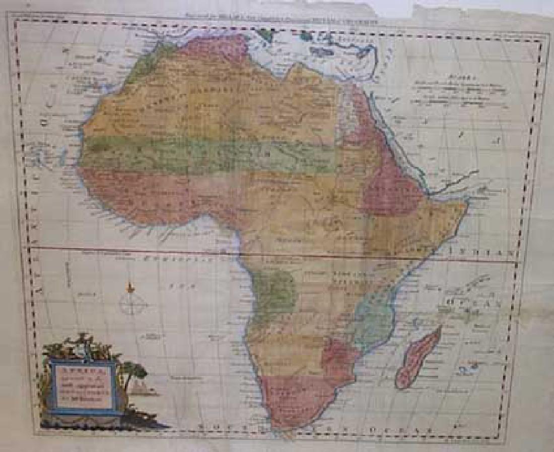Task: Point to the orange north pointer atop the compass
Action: point(131,288)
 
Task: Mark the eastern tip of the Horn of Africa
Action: point(469,202)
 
